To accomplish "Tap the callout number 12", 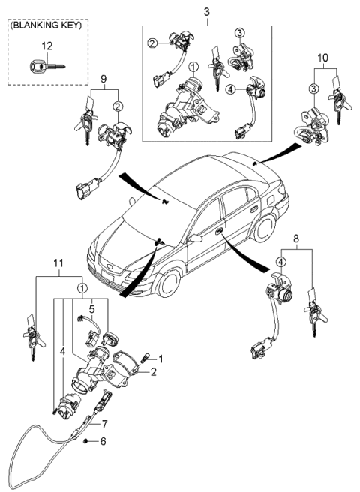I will point(46,46).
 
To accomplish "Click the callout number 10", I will point(323,57).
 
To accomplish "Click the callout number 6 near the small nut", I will point(103,441).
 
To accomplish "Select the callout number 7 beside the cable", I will point(103,423).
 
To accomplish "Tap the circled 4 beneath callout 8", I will point(280,261).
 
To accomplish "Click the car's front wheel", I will point(165,284).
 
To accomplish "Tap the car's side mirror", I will point(196,238).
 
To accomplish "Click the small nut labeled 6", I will point(88,441).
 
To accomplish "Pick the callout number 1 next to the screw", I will point(159,358).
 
